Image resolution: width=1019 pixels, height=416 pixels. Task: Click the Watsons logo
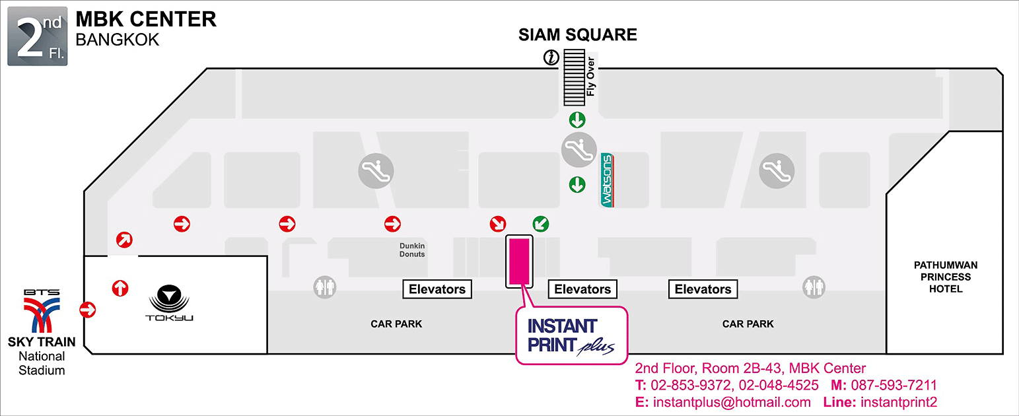pos(608,180)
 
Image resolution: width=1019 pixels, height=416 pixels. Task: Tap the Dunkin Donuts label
pos(412,250)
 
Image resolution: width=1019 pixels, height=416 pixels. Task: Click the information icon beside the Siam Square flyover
pos(551,58)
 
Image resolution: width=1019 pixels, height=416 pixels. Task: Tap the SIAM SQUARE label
pos(578,35)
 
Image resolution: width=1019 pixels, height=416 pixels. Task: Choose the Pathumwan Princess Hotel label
pos(946,277)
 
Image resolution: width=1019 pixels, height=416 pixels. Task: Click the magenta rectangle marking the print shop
pos(520,261)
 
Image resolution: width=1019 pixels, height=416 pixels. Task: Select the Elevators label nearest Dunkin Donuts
pos(437,289)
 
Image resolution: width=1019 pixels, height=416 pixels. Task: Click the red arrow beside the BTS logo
pos(87,309)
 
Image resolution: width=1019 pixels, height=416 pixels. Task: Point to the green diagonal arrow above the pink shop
pos(541,225)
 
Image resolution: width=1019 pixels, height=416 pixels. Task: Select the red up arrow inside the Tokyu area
pos(120,288)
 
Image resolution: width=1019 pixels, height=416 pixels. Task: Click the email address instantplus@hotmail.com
pos(731,402)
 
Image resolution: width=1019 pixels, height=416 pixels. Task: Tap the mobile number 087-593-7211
pos(894,385)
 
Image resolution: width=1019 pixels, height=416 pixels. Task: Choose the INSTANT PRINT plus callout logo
pos(571,335)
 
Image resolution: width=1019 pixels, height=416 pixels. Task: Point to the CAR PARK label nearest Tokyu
pos(396,324)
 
